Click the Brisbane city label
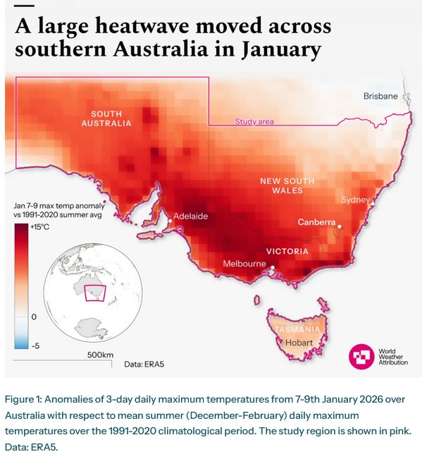(380, 96)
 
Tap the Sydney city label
(354, 200)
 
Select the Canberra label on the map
(316, 222)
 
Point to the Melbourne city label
(244, 264)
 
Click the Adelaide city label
(190, 216)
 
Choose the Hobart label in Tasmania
(299, 343)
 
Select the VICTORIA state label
(287, 251)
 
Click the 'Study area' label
(254, 121)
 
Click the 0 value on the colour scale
(34, 317)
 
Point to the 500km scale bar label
(100, 354)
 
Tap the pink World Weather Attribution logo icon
(362, 357)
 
